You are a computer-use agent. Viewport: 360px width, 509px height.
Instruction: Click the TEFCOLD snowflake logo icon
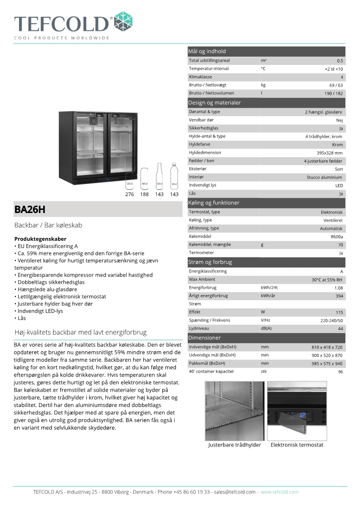coord(122,22)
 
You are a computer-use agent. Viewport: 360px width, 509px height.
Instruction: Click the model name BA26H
coord(30,210)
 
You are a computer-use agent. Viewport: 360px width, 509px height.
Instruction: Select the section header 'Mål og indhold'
coord(207,51)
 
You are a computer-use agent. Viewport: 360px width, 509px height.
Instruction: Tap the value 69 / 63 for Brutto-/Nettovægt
coord(336,85)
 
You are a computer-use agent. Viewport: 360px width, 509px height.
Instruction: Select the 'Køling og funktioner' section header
coord(214,203)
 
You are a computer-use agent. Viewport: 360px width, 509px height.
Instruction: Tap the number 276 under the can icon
coord(130,194)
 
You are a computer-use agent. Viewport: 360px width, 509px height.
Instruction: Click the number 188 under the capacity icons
coord(144,194)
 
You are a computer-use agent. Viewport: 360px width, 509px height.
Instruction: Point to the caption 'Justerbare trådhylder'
coord(234,445)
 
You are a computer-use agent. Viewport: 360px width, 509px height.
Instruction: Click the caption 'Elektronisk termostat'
coord(297,445)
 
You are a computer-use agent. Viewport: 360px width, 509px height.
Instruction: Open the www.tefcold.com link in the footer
coord(279,492)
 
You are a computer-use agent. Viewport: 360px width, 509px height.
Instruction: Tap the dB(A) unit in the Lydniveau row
coord(266,328)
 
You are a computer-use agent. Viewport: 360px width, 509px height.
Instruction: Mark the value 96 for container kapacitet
coord(340,372)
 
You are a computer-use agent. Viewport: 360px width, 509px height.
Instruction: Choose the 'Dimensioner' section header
coord(204,338)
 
